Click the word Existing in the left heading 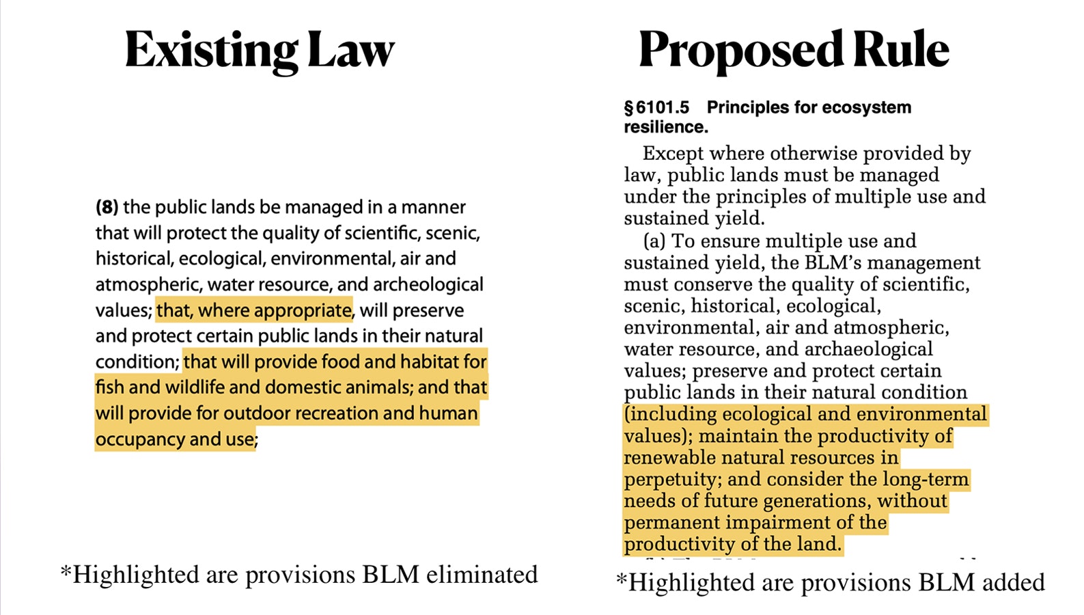click(x=211, y=51)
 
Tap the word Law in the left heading click(x=351, y=51)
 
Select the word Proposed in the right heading click(x=740, y=51)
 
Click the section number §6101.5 click(x=656, y=108)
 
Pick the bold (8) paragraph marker click(x=107, y=207)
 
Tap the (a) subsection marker click(x=654, y=241)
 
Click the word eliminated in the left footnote click(x=482, y=575)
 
